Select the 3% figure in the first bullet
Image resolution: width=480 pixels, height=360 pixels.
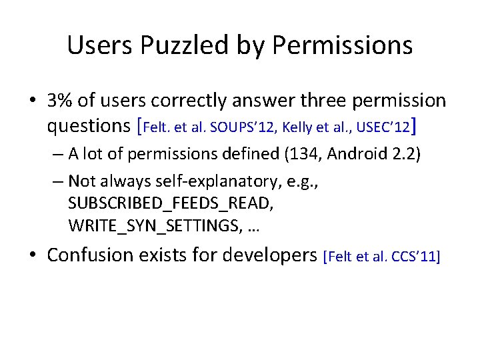pyautogui.click(x=61, y=101)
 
